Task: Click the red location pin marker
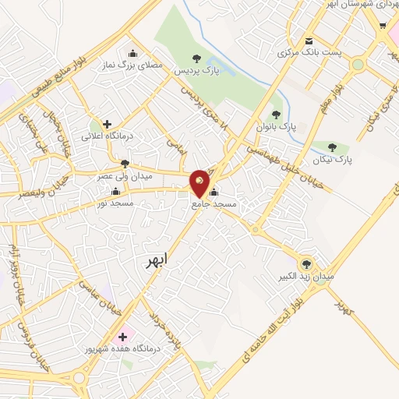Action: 200,182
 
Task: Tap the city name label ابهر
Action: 155,261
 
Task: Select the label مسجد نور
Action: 115,203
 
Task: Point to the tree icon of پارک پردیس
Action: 196,58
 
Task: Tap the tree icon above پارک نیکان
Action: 333,147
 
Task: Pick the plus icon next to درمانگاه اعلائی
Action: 107,123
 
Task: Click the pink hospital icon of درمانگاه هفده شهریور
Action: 122,337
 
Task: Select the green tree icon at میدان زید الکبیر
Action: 305,263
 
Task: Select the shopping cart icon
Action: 383,25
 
